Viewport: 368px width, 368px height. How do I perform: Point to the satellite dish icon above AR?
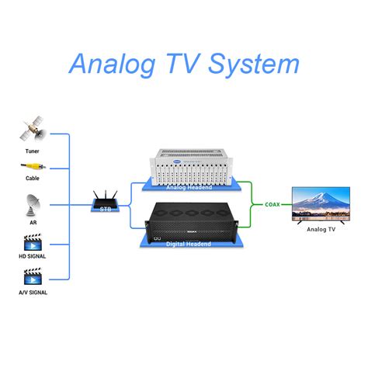coord(32,204)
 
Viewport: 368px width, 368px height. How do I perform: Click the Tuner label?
coord(32,151)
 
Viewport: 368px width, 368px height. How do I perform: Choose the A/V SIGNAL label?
coord(32,293)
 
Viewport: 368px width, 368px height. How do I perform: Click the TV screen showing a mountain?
coord(321,203)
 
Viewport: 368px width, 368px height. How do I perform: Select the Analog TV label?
coord(321,230)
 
